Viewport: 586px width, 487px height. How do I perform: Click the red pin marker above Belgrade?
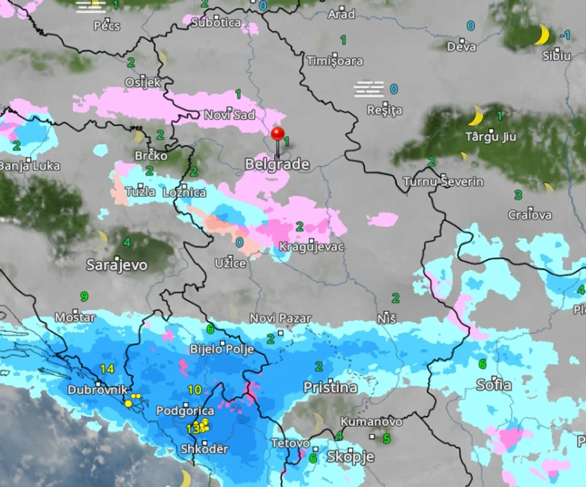pos(278,134)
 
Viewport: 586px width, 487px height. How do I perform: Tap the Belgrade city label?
pos(277,165)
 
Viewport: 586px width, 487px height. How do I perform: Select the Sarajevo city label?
pos(117,265)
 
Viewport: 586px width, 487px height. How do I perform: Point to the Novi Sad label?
pos(230,115)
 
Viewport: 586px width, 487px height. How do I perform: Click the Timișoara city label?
pos(334,61)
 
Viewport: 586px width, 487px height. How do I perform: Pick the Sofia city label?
pos(494,385)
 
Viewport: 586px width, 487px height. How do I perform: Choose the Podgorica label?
pos(185,411)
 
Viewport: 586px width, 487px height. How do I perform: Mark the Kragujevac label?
pos(312,247)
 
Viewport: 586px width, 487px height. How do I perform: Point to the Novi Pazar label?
pos(281,318)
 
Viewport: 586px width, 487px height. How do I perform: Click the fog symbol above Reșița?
pos(369,89)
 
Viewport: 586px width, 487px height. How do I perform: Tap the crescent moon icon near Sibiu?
pos(542,34)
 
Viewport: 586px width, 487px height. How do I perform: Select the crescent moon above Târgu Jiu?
pos(476,116)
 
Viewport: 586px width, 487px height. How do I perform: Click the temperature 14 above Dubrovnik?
pos(107,369)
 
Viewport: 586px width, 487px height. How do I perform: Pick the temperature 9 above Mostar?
pos(84,297)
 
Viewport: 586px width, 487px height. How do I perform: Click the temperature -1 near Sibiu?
pos(565,35)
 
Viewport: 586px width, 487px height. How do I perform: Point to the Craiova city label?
pos(530,215)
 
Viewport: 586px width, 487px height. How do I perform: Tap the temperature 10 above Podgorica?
pos(194,390)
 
